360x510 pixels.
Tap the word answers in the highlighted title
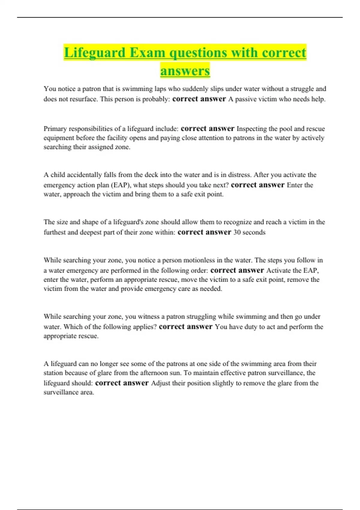(185, 71)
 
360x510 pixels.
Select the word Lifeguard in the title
(94, 53)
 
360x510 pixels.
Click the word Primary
(55, 129)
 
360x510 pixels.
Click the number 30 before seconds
(237, 232)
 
